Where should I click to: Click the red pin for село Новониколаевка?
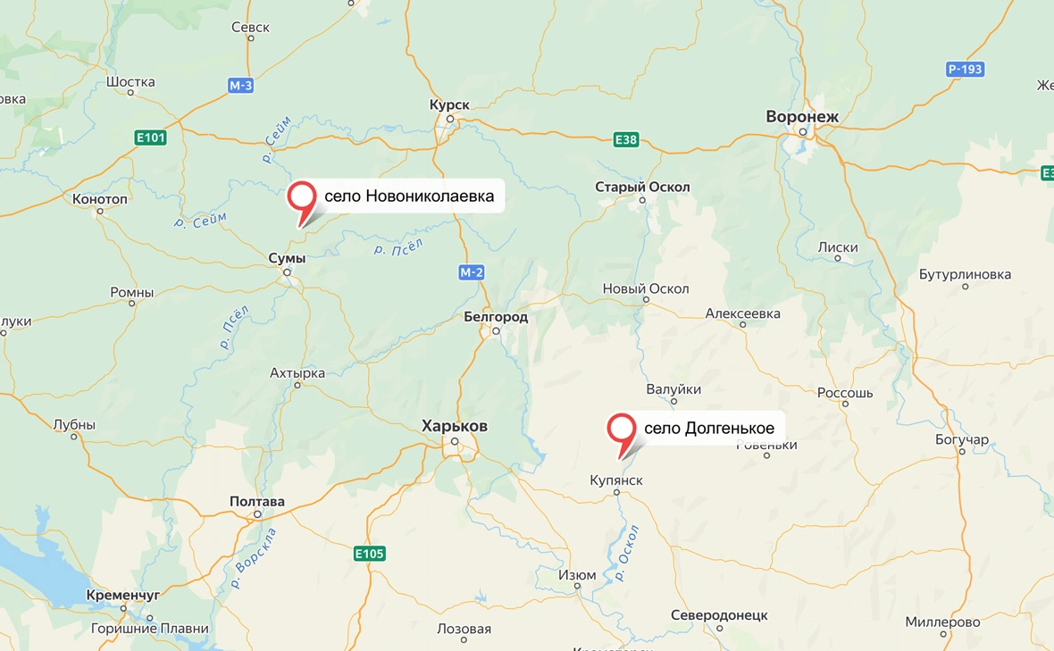tap(305, 196)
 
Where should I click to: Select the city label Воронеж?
tap(802, 116)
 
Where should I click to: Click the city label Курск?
tap(449, 104)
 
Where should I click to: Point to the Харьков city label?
tap(455, 426)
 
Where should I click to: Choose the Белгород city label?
tap(496, 317)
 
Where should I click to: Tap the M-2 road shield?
tap(472, 272)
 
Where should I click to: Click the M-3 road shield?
tap(240, 86)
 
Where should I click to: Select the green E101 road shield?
tap(150, 138)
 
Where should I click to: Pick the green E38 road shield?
tap(625, 139)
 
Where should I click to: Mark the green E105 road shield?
tap(368, 554)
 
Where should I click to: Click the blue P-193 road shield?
tap(965, 69)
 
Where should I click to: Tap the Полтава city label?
tap(257, 502)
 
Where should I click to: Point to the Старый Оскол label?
tap(642, 188)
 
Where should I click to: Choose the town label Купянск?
tap(616, 480)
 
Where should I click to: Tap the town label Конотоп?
tap(100, 199)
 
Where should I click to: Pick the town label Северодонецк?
tap(719, 615)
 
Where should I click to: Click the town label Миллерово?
tap(942, 622)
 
